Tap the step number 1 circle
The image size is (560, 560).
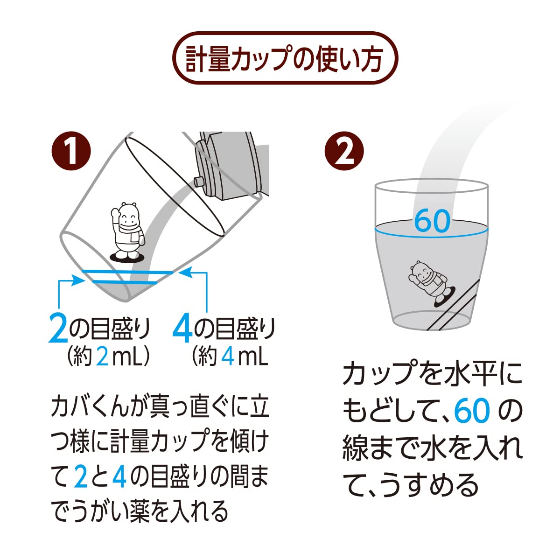click(71, 151)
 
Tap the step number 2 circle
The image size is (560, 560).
click(344, 151)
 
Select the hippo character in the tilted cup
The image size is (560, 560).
click(127, 232)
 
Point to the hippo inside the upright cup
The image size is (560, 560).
click(429, 283)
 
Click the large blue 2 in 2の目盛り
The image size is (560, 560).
click(58, 329)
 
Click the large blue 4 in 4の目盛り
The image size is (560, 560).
click(182, 329)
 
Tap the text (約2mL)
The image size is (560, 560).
click(108, 357)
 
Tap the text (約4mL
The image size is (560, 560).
click(230, 357)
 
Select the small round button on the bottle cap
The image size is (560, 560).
click(199, 182)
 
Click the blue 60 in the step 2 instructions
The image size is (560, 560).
click(472, 412)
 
